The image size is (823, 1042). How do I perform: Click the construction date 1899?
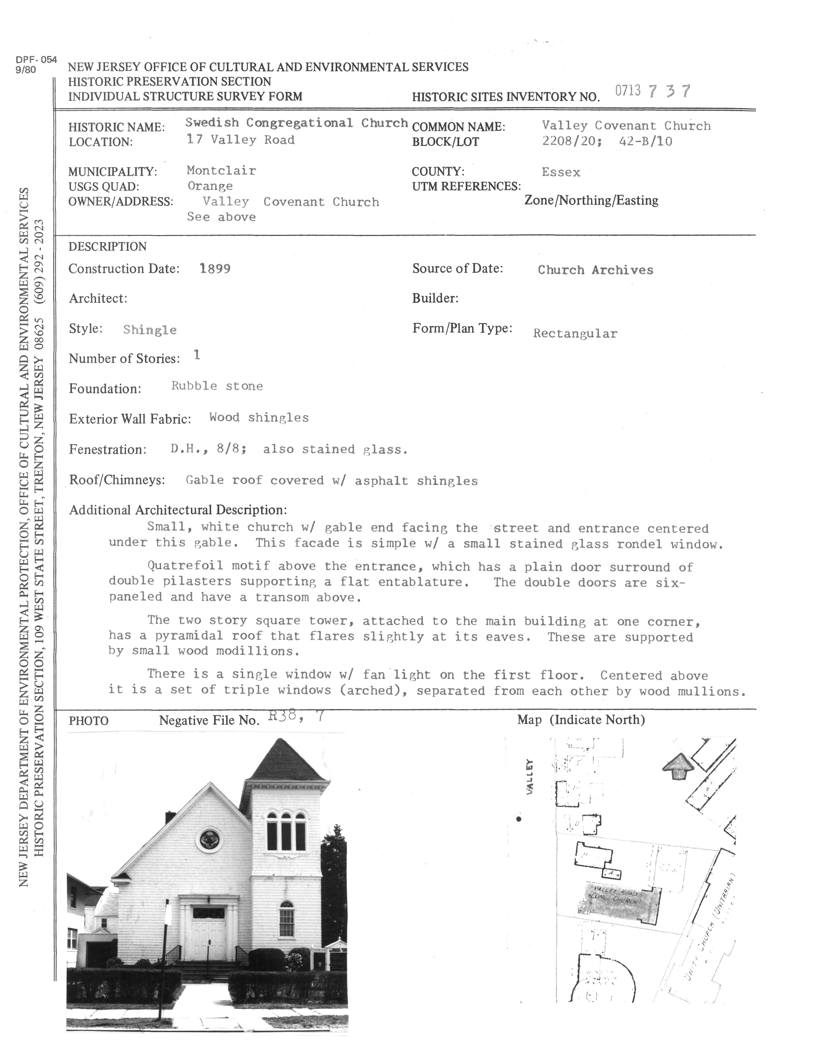click(x=215, y=269)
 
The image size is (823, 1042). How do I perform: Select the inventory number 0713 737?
click(x=653, y=91)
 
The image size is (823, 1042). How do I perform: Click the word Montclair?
click(x=221, y=171)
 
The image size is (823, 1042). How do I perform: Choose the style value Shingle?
click(x=150, y=330)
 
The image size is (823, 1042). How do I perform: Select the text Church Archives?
click(x=596, y=270)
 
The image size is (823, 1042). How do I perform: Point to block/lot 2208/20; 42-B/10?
click(x=607, y=141)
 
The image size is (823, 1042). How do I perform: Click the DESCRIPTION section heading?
click(x=107, y=247)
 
